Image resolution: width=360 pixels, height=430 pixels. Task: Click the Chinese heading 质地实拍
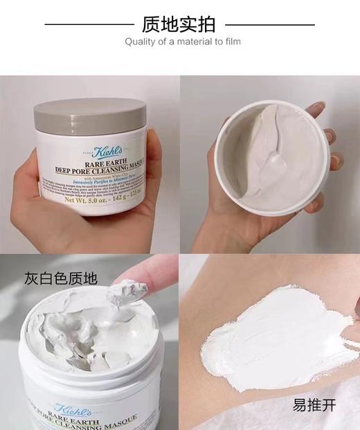(179, 24)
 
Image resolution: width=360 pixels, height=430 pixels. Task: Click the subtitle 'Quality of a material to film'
(179, 44)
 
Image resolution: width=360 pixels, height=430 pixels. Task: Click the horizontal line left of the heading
(89, 24)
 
